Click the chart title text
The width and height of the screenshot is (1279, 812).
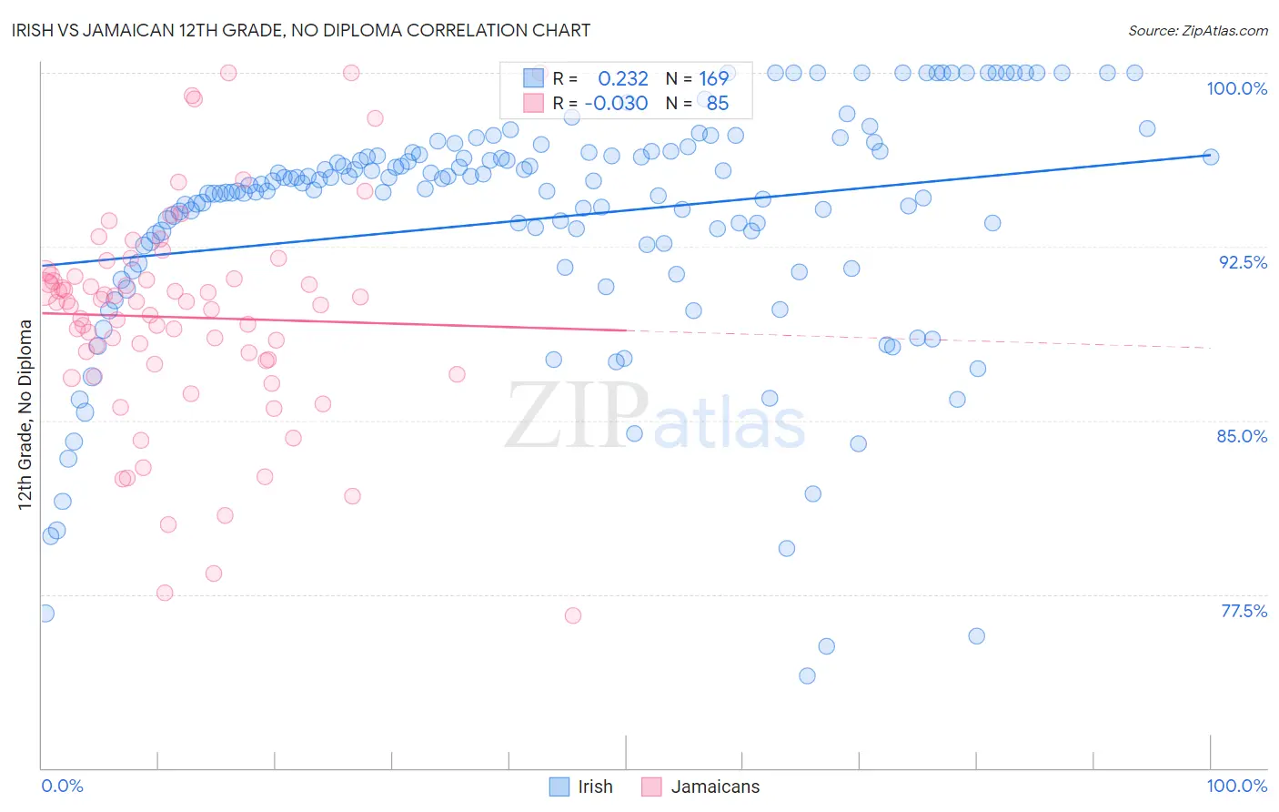pyautogui.click(x=301, y=31)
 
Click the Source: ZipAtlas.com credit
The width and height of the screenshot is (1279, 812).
pyautogui.click(x=1197, y=31)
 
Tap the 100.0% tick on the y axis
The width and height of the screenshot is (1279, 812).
pyautogui.click(x=1236, y=89)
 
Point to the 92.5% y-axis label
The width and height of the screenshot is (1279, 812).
pyautogui.click(x=1243, y=262)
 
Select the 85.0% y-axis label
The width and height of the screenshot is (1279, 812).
pyautogui.click(x=1242, y=436)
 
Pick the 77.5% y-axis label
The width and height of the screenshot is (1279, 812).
pyautogui.click(x=1244, y=611)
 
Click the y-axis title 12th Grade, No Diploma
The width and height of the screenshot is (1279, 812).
pyautogui.click(x=25, y=414)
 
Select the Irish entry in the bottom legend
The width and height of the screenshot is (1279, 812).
pyautogui.click(x=595, y=787)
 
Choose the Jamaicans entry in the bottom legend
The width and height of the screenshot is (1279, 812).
pyautogui.click(x=715, y=787)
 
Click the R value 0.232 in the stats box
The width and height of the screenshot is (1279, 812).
pyautogui.click(x=623, y=79)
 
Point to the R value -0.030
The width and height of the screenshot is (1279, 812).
pyautogui.click(x=616, y=104)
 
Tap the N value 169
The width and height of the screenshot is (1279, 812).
pyautogui.click(x=713, y=79)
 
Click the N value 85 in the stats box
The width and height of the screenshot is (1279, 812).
pyautogui.click(x=718, y=104)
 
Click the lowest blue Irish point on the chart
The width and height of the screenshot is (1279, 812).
pyautogui.click(x=807, y=676)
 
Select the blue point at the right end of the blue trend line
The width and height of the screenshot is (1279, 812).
pyautogui.click(x=1210, y=157)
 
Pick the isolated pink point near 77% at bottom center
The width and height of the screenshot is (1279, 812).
pyautogui.click(x=573, y=616)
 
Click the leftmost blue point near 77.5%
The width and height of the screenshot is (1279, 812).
pyautogui.click(x=45, y=614)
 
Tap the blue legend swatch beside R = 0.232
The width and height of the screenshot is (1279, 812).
pyautogui.click(x=533, y=78)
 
